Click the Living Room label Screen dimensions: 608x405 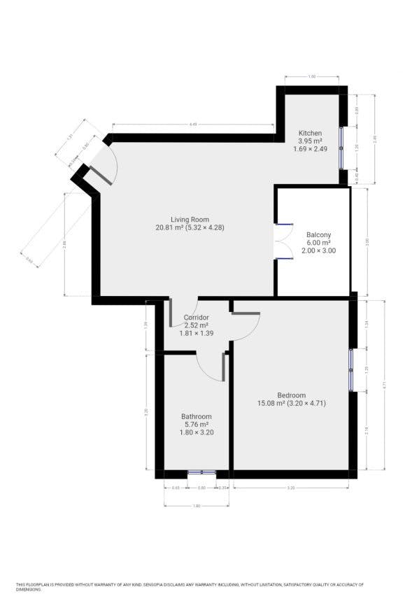coord(190,219)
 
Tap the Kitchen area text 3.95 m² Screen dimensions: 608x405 coord(310,141)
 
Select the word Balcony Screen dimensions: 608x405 coord(318,234)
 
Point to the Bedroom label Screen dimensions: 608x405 coord(292,395)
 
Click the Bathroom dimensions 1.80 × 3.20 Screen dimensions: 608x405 coord(196,432)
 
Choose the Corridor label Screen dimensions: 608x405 coord(196,318)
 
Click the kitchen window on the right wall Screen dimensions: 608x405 coord(342,147)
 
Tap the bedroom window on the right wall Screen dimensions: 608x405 coord(352,369)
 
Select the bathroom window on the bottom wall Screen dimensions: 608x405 coord(201,473)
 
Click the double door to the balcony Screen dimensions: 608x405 coord(283,241)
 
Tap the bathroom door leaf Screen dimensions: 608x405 coord(223,367)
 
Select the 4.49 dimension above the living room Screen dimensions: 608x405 coord(192,124)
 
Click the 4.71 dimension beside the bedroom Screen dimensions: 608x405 coord(384,385)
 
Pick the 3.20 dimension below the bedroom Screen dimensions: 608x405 coord(290,487)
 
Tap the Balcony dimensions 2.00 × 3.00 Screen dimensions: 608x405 coord(318,250)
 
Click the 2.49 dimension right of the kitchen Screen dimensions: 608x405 coord(375,139)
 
